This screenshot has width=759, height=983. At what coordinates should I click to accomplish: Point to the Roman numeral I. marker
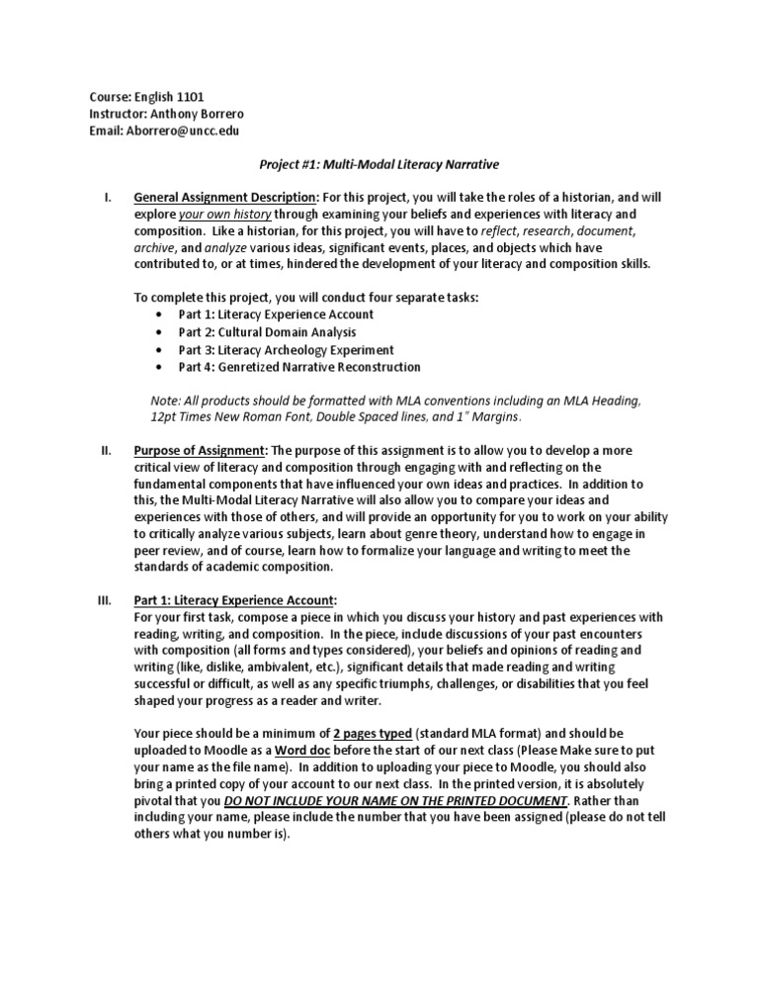(x=108, y=198)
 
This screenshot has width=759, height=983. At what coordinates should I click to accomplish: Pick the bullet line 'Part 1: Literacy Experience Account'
(x=277, y=314)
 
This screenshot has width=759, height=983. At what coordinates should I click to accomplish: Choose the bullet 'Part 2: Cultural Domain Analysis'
(x=267, y=332)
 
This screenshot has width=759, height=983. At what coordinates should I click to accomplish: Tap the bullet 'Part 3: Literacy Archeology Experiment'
(x=286, y=350)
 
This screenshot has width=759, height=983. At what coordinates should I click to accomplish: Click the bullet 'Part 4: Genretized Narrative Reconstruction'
(x=299, y=367)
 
